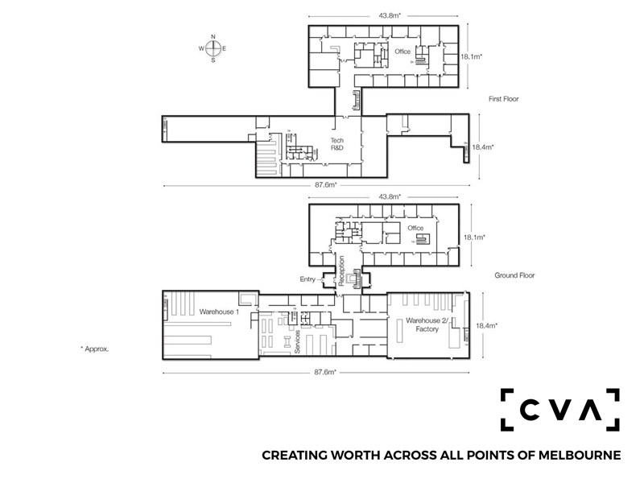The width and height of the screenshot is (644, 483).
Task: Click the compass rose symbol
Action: coord(213,48)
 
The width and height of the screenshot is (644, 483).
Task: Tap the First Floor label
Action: coord(504,99)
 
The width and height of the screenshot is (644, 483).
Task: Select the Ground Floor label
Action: coord(514,275)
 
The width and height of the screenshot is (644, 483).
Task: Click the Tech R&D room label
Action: coord(337,144)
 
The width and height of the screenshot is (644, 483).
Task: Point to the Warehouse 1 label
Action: coord(219,312)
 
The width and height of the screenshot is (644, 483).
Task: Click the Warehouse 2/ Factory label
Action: coord(427,324)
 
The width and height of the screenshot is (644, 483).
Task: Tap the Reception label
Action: coord(341,271)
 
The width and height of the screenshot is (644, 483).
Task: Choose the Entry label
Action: coord(308,279)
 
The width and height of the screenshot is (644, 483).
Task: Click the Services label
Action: coord(298,341)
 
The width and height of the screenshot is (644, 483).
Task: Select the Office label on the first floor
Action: coord(402,52)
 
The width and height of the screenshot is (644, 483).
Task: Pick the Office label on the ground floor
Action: coord(415,228)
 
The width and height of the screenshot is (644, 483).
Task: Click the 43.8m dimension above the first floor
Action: coord(390,15)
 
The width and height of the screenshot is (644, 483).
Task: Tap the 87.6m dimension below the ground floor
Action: coord(325,372)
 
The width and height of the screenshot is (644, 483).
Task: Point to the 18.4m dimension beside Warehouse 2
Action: coord(487,326)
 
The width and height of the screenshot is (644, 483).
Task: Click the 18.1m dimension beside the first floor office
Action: coord(471,56)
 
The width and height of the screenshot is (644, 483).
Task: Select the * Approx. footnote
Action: coord(95,349)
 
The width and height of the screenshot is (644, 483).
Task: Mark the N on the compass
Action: coord(213,36)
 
